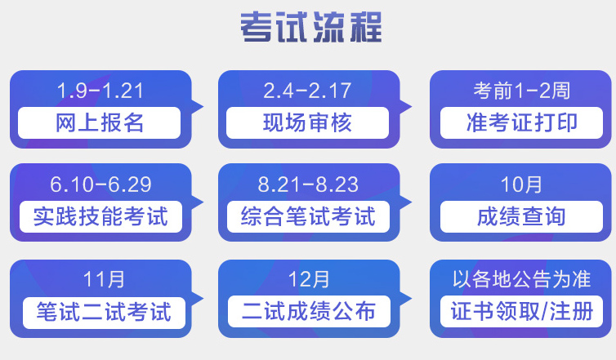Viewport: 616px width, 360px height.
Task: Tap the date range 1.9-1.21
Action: [100, 89]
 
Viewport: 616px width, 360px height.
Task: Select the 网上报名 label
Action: [100, 122]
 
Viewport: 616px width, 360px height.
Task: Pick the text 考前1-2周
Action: [521, 89]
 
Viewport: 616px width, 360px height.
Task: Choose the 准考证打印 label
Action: [521, 122]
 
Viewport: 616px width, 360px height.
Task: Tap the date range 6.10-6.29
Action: [100, 184]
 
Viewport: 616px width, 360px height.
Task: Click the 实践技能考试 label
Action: [100, 217]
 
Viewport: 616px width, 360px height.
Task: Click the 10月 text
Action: [521, 184]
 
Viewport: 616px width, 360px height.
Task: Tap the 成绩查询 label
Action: [521, 217]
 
